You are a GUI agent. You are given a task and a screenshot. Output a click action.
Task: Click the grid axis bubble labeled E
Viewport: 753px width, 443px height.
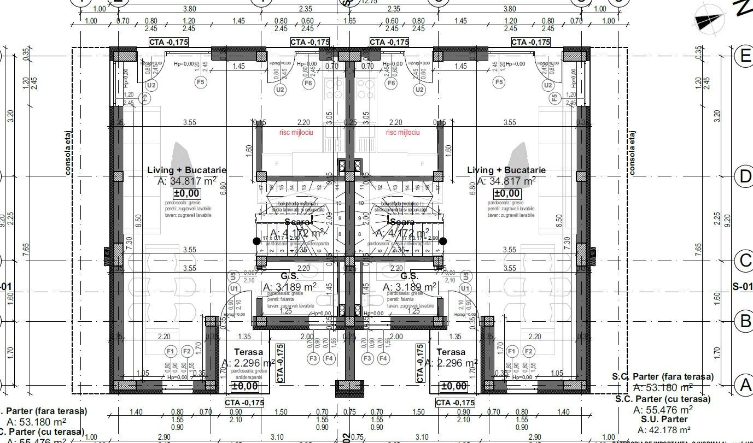(745, 56)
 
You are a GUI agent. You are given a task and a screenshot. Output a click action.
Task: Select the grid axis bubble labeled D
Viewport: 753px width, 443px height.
(745, 176)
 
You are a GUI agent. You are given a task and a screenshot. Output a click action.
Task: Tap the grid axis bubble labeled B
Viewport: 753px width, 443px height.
(745, 321)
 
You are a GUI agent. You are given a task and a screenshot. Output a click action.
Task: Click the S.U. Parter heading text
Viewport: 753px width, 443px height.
(663, 420)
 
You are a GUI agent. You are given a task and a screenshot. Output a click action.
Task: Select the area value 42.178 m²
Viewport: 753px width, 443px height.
(663, 430)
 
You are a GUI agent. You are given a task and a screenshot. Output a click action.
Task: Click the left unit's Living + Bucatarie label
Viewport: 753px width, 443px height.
(186, 170)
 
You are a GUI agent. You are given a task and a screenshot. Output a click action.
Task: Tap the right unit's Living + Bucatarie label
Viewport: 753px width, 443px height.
(506, 170)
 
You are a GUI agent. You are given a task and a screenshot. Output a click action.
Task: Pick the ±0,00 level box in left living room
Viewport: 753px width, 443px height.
(186, 193)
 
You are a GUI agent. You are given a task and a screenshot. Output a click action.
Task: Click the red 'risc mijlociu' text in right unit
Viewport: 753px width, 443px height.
(402, 133)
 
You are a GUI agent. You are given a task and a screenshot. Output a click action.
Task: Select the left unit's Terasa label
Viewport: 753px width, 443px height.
(248, 352)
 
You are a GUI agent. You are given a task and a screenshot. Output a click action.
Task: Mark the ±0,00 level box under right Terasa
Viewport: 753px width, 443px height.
(453, 387)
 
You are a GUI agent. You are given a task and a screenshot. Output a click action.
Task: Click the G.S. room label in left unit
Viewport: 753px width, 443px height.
(289, 276)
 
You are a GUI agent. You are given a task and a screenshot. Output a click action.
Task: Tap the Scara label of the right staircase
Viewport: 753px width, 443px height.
(402, 222)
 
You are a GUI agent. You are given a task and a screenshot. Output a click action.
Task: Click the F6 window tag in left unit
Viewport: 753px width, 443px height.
(308, 83)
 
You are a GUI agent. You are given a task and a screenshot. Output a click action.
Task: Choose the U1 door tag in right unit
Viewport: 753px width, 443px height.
(465, 288)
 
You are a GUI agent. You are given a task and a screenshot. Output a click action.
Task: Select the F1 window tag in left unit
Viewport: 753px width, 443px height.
(171, 351)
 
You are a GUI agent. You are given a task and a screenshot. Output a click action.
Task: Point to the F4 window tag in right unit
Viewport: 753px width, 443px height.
(383, 358)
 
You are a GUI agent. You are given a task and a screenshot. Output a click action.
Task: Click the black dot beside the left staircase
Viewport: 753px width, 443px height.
(256, 241)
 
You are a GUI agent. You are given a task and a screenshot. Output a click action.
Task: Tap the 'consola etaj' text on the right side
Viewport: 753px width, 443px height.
(633, 153)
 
